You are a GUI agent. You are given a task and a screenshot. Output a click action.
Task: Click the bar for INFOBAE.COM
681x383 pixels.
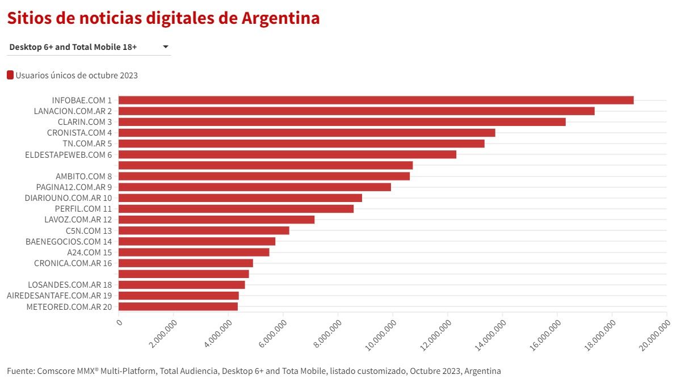[376, 100]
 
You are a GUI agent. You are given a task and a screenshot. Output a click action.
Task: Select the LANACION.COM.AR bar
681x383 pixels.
[356, 111]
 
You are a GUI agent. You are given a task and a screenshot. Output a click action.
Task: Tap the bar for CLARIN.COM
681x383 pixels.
[342, 122]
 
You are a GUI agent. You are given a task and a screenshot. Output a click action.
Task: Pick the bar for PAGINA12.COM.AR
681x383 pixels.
[254, 187]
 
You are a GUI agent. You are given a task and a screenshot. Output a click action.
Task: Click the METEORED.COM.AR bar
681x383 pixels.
[178, 307]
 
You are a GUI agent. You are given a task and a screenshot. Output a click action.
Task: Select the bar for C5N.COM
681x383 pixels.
[204, 231]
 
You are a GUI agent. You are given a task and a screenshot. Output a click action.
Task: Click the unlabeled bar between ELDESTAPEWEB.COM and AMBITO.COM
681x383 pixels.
[265, 166]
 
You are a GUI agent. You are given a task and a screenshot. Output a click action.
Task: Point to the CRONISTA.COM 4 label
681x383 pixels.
[79, 133]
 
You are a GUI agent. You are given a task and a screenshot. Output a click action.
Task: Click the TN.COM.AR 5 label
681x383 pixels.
[87, 144]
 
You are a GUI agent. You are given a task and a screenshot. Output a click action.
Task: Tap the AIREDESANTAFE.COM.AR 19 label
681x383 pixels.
[59, 296]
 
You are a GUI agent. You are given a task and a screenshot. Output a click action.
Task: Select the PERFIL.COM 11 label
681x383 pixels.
[83, 209]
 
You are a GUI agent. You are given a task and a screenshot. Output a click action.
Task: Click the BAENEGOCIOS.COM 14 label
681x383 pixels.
[69, 242]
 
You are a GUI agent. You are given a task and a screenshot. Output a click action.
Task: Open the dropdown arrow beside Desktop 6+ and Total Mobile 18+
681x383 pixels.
[166, 47]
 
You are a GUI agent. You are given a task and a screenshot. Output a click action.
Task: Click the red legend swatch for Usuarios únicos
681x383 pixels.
[10, 75]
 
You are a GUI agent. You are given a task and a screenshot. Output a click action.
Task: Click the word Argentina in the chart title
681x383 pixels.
[281, 18]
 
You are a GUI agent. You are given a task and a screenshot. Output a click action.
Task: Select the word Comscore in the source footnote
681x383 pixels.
[58, 371]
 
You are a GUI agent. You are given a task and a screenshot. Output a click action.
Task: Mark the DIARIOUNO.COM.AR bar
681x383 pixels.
[240, 198]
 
